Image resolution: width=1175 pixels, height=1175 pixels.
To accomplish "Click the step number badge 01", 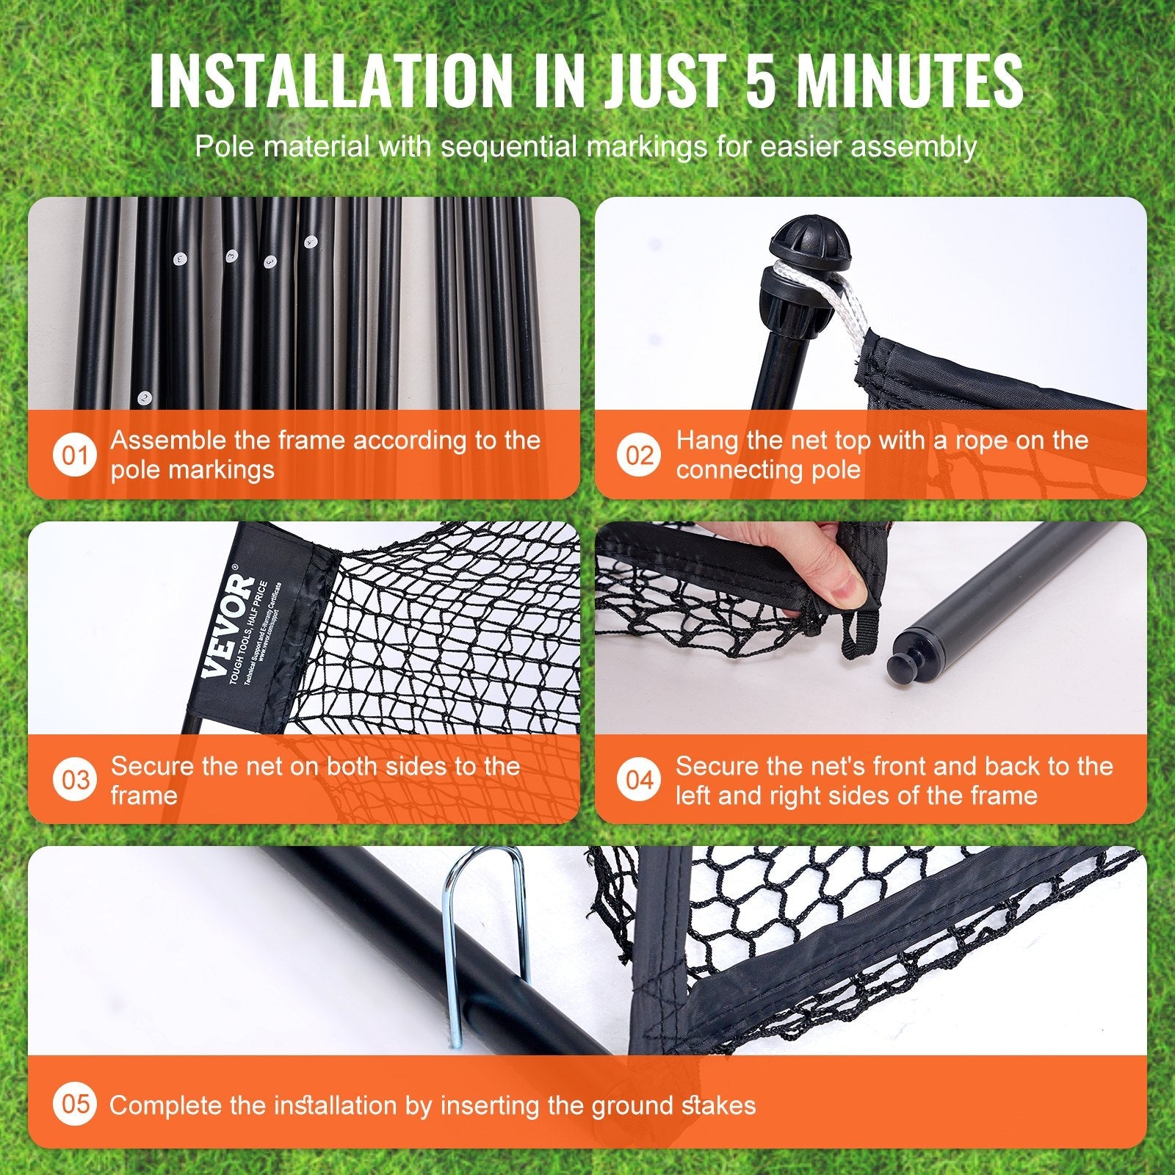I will (74, 455).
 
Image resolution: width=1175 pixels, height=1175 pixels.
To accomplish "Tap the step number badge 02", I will (639, 455).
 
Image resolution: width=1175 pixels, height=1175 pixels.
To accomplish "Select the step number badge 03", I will (74, 780).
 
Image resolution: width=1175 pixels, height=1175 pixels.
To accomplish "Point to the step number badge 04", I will (639, 780).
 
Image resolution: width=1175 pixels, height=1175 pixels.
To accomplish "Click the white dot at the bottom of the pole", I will (145, 398).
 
